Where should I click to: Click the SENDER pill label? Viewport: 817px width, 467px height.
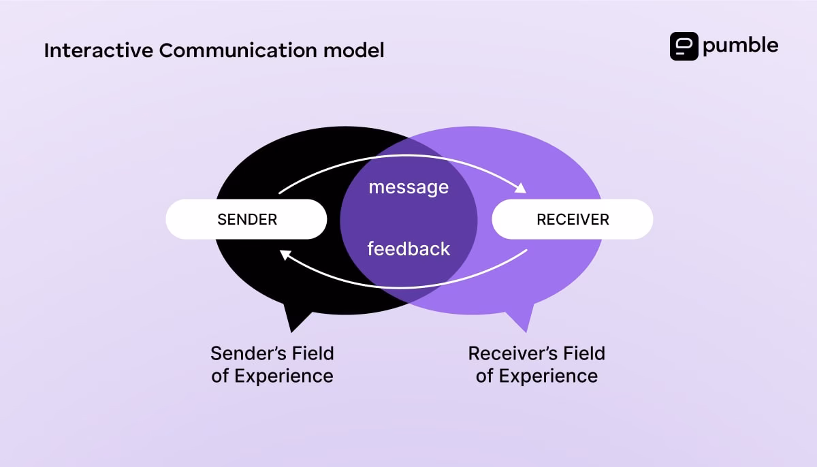(246, 219)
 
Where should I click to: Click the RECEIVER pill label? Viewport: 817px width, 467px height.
(573, 219)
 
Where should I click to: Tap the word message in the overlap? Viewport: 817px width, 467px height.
(408, 187)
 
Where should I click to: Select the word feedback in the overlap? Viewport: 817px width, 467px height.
(408, 248)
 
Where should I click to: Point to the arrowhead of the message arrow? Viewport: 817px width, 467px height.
(521, 189)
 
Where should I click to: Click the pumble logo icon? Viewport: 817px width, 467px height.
(684, 46)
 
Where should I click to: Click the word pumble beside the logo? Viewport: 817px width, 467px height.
(740, 46)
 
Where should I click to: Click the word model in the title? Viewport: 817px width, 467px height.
(358, 50)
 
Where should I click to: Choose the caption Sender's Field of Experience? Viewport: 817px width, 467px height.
(272, 364)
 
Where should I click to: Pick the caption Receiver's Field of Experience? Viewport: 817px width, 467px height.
(536, 364)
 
